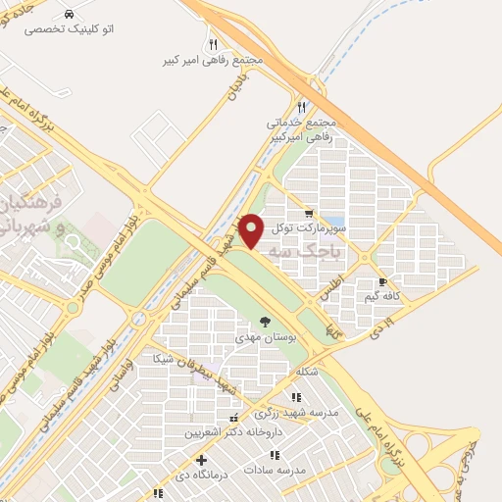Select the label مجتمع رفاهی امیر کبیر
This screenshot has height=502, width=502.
click(x=214, y=60)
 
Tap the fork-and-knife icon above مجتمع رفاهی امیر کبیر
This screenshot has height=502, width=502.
click(x=214, y=44)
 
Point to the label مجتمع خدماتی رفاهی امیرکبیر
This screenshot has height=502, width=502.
click(x=303, y=130)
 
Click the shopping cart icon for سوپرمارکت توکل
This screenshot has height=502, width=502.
click(x=309, y=214)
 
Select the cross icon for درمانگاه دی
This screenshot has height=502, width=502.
click(x=201, y=460)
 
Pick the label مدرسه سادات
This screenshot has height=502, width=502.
click(x=306, y=470)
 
